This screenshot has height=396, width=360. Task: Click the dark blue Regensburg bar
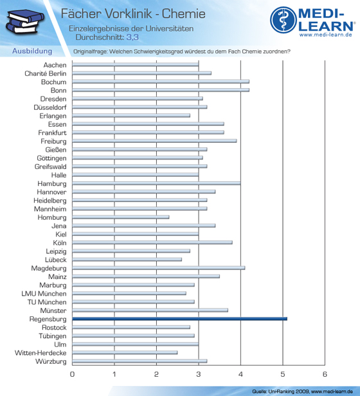(x=179, y=319)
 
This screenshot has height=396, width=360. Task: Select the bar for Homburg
(x=121, y=217)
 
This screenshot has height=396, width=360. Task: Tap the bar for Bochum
(x=161, y=82)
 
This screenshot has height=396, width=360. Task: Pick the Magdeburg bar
(x=159, y=267)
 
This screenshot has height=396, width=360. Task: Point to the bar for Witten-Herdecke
(x=125, y=352)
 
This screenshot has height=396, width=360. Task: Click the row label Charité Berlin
(x=46, y=73)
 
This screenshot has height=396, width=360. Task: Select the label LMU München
(x=44, y=293)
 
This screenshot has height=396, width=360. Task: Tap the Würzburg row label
(x=51, y=361)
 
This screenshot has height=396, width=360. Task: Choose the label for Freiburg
(x=53, y=141)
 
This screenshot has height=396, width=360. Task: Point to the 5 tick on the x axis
(x=283, y=374)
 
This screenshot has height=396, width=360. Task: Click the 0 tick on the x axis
(x=72, y=374)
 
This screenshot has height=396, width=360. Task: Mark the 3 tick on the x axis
(x=199, y=374)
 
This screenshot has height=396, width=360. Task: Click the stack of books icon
(x=25, y=21)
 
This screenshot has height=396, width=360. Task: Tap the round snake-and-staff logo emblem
(x=283, y=20)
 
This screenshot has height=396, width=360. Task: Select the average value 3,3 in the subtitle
(x=132, y=37)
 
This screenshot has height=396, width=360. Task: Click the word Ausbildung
(x=32, y=51)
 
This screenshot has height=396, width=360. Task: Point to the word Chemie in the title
(x=184, y=14)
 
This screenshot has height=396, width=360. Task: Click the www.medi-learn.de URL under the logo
(x=326, y=35)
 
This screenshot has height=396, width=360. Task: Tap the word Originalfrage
(x=91, y=51)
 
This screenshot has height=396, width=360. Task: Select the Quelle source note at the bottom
(x=302, y=392)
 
